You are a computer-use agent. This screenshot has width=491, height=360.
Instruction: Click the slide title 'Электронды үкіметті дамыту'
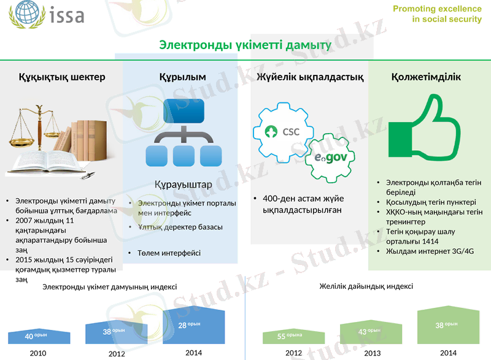(245, 45)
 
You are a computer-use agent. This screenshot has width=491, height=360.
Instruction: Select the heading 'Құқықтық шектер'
(61, 77)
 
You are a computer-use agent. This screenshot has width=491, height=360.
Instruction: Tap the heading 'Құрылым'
(182, 77)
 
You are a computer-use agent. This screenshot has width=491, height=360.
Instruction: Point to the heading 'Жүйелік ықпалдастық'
(310, 77)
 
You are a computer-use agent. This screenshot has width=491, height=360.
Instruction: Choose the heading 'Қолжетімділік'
(426, 77)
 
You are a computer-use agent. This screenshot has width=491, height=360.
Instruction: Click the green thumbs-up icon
(423, 131)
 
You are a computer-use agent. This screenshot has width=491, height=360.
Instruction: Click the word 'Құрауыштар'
(184, 185)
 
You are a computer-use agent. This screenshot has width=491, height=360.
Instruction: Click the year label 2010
(37, 353)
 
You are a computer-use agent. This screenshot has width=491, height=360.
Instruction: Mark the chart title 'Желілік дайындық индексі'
(366, 286)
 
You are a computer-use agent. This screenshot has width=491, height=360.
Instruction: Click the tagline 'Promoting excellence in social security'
(437, 14)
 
